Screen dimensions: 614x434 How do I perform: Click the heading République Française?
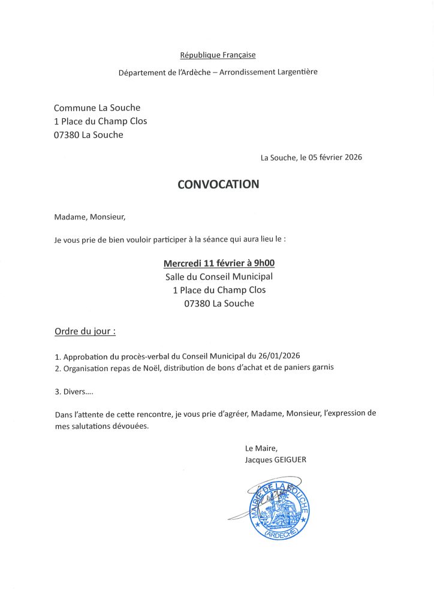218,55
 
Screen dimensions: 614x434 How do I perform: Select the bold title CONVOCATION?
218,184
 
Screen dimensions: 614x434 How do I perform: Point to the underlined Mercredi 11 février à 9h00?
219,263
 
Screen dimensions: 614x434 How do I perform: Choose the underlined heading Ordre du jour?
85,331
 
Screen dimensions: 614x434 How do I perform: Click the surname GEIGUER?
290,460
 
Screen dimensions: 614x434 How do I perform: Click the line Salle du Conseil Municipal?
219,276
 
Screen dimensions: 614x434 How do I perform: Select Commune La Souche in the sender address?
97,108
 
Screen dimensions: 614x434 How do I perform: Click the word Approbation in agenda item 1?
86,356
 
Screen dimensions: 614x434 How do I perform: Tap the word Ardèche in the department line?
185,72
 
